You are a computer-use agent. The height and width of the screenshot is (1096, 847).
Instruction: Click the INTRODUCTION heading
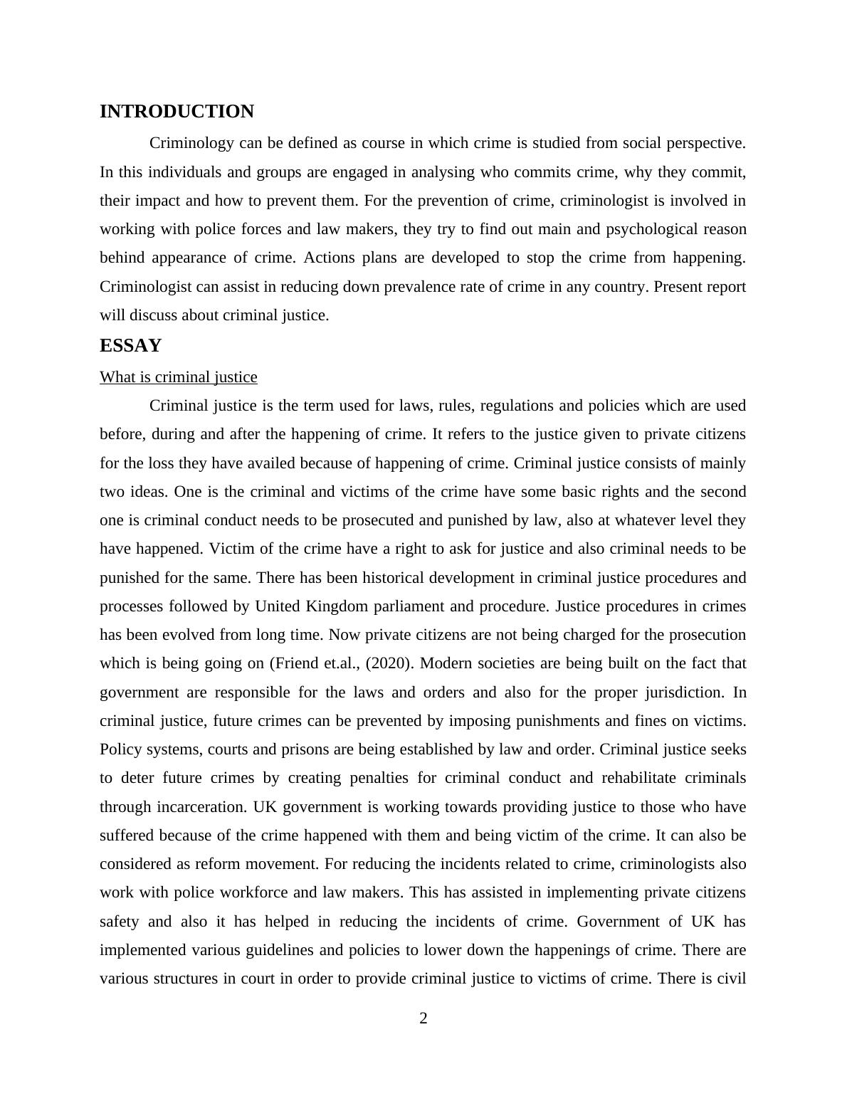coord(177,112)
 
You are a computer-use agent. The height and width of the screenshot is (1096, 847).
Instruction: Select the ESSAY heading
coord(130,346)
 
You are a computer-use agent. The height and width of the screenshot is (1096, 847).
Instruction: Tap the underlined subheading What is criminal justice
coord(178,377)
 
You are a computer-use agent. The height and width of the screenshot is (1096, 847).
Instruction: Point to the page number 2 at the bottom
coord(423,1018)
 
